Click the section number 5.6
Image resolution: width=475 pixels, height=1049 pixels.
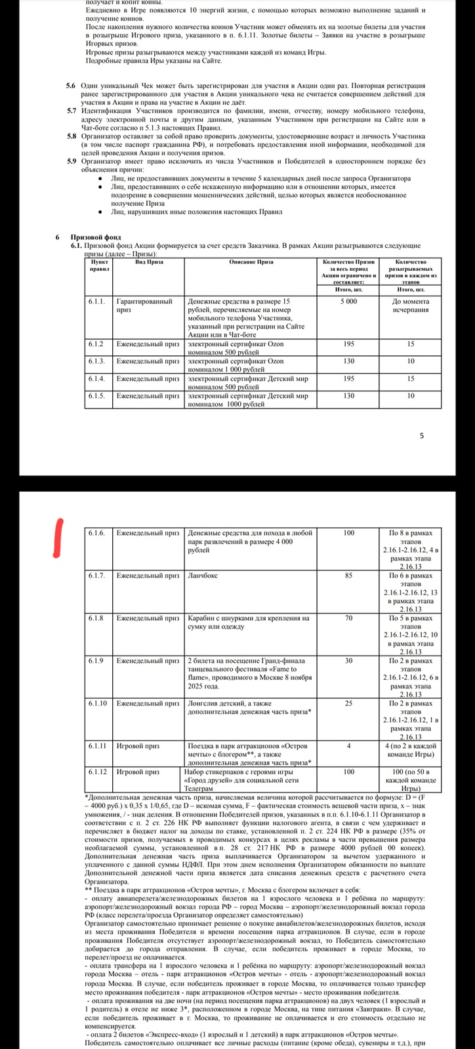coord(71,86)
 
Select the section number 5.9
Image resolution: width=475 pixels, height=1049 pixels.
coord(71,161)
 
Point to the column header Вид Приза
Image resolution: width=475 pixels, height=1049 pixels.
coord(149,262)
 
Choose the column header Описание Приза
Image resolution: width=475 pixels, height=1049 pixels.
coord(251,262)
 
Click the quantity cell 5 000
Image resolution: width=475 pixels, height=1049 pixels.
coord(348,302)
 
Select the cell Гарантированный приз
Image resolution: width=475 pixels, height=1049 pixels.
coord(144,306)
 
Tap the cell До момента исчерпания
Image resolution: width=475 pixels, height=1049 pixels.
coord(411,306)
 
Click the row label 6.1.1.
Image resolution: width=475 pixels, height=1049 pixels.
coord(96,302)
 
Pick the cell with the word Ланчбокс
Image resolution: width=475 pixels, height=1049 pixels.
coord(203,576)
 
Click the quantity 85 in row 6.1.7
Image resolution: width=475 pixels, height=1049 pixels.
coord(348,576)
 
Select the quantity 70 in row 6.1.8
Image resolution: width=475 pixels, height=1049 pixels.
coord(348,618)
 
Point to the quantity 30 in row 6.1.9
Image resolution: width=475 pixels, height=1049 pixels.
coord(348,661)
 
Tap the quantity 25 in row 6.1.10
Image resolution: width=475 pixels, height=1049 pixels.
coord(348,703)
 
